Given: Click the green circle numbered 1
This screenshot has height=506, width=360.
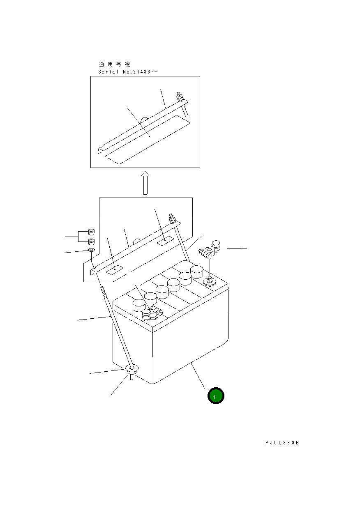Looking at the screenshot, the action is [x=216, y=396].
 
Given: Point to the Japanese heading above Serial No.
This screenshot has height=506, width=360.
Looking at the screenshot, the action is [x=115, y=64].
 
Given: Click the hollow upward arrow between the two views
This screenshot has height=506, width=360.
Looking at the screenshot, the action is [x=145, y=183].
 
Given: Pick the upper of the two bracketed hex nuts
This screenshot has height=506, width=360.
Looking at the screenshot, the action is [x=91, y=232].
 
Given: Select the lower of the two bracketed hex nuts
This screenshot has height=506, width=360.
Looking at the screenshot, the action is [x=91, y=241].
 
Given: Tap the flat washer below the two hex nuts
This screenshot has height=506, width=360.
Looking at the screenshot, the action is [x=92, y=250].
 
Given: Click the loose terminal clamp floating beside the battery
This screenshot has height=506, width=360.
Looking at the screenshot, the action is [x=210, y=249].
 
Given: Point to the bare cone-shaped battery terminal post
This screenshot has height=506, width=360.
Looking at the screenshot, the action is [x=210, y=281].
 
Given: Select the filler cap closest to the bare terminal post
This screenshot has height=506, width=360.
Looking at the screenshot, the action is [x=196, y=272].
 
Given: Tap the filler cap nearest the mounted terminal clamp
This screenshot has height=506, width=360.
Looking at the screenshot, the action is [x=139, y=306].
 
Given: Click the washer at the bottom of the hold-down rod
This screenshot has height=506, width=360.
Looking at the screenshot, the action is [x=132, y=368].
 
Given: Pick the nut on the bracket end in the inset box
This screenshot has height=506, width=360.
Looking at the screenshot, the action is [x=179, y=97].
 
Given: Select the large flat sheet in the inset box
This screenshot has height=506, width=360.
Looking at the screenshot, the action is [x=148, y=140].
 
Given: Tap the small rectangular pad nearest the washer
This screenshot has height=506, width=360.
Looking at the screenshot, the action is [x=115, y=270].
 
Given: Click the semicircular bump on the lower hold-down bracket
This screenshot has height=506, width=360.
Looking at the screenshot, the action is [x=137, y=241].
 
